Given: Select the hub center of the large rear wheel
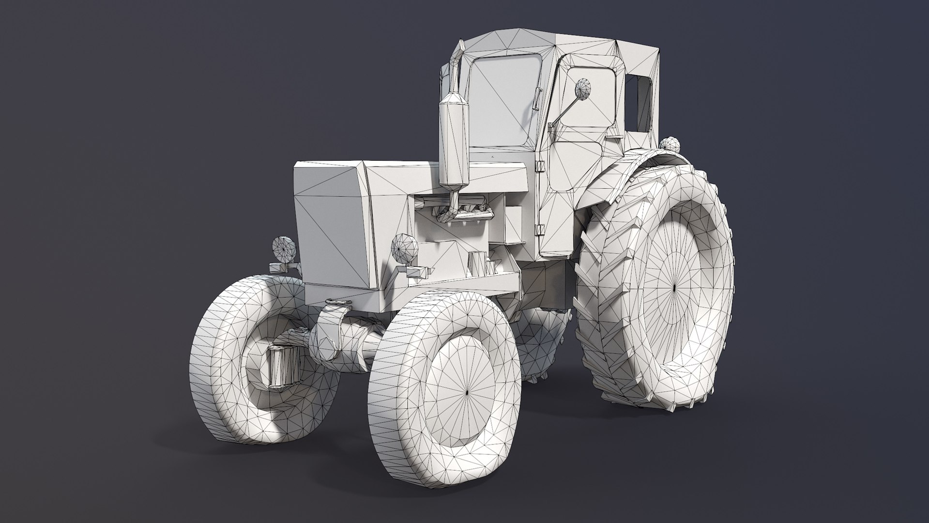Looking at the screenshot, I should (x=674, y=287).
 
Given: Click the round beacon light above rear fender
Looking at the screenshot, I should (x=670, y=144).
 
